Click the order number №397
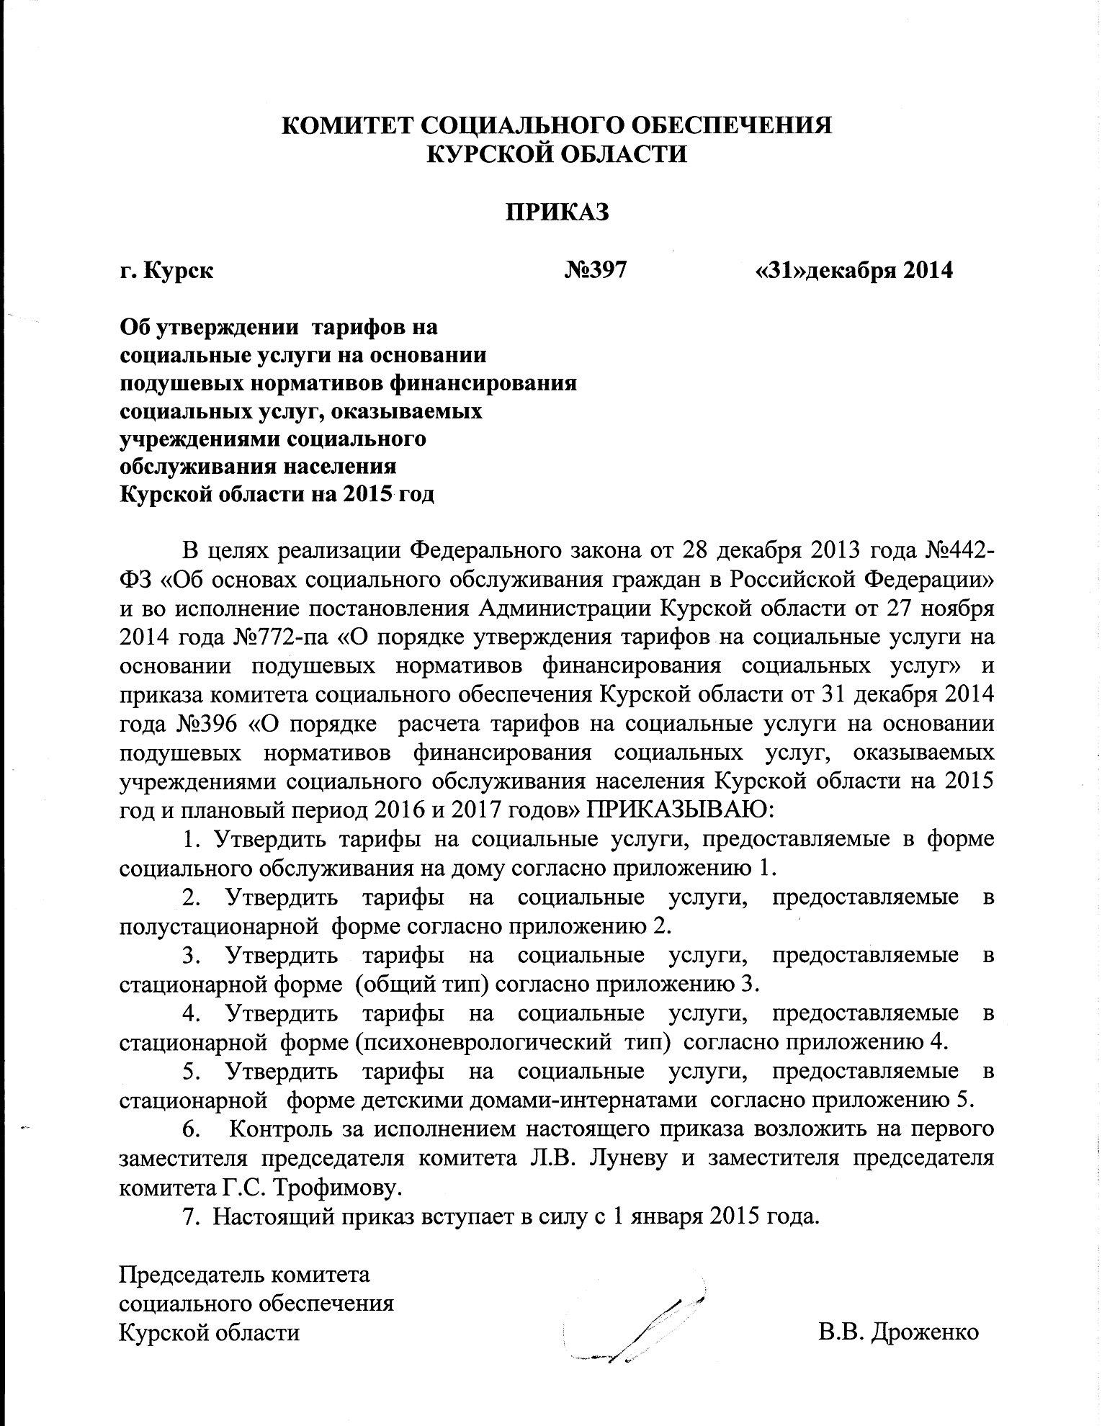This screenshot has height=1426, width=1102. [x=596, y=270]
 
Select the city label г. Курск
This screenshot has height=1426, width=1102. [x=166, y=272]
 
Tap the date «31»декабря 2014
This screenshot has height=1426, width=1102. [x=853, y=270]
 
